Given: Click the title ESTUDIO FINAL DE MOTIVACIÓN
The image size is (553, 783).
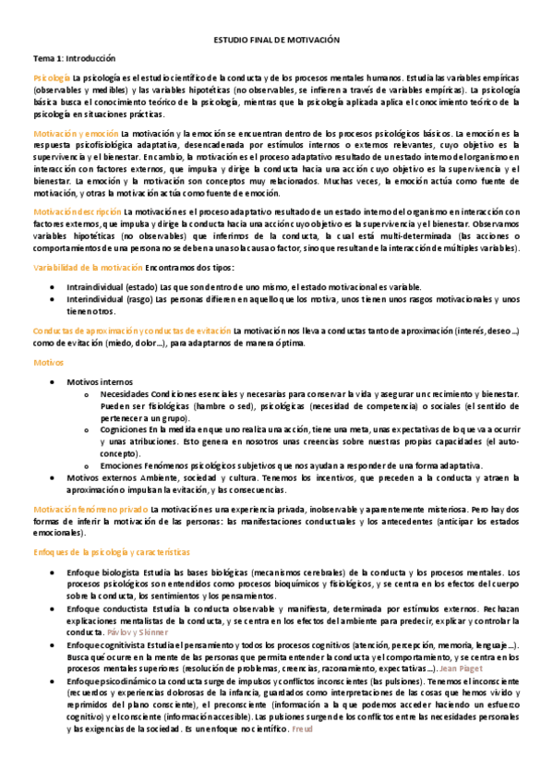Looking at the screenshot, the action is pyautogui.click(x=277, y=41).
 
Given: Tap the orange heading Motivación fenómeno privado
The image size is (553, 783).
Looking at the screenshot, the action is pyautogui.click(x=90, y=510).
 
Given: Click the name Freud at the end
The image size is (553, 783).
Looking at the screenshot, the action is pyautogui.click(x=303, y=729).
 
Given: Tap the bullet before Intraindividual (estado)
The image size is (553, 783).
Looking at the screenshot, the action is pyautogui.click(x=54, y=288).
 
